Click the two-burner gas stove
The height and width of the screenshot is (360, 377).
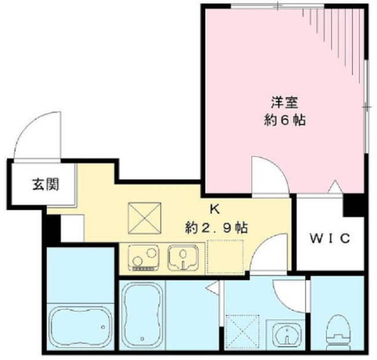pyautogui.click(x=142, y=258)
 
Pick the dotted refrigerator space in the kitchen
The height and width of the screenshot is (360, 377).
pyautogui.click(x=225, y=257)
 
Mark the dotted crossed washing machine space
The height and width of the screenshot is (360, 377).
pyautogui.click(x=239, y=330)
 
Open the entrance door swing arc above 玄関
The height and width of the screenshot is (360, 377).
pyautogui.click(x=36, y=134)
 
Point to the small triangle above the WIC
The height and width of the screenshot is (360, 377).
pyautogui.click(x=334, y=187)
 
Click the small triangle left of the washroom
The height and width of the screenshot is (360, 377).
pyautogui.click(x=214, y=286)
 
